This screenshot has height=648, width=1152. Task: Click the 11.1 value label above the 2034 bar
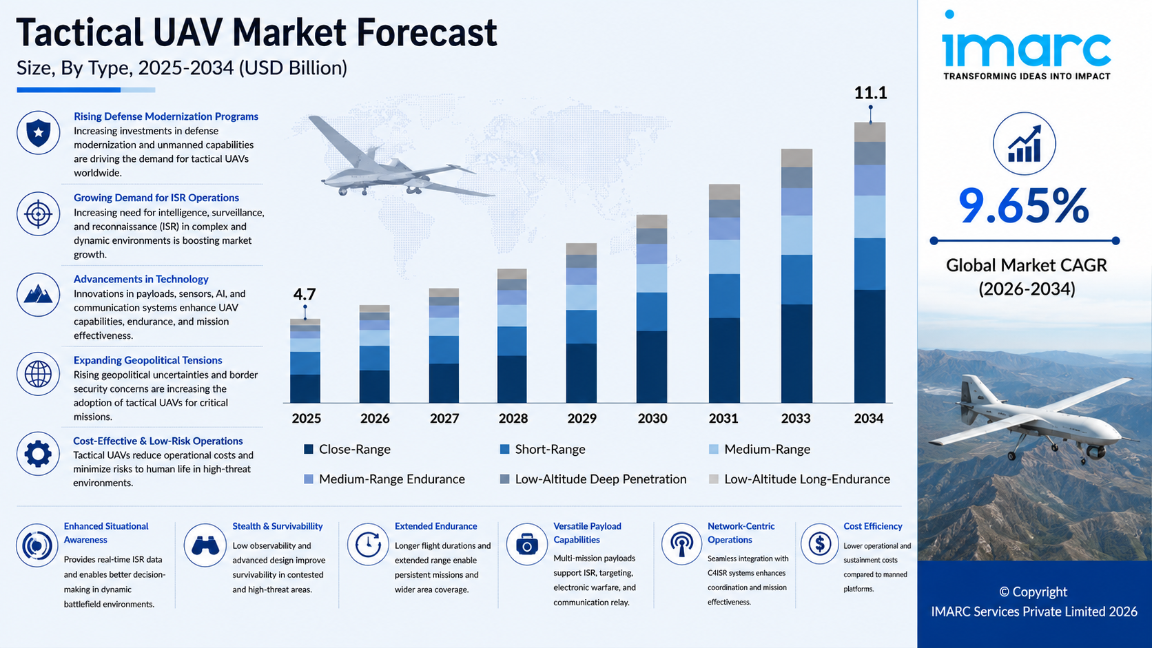(x=870, y=93)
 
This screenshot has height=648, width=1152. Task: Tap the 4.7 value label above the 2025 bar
(x=305, y=295)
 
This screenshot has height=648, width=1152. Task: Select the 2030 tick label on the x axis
(x=652, y=418)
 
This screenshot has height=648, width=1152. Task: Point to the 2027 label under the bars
(x=444, y=418)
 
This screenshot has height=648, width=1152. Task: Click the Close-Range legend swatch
(x=309, y=449)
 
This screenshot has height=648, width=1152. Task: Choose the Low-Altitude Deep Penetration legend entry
(x=593, y=479)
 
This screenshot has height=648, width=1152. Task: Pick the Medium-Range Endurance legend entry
(x=384, y=479)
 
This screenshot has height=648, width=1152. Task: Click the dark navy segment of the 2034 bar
(x=870, y=346)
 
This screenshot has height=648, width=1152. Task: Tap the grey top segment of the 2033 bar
(x=796, y=158)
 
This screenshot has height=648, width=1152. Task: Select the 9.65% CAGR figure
(x=1023, y=206)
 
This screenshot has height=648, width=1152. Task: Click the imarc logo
(x=1026, y=45)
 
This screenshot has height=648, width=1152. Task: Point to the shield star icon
(x=38, y=133)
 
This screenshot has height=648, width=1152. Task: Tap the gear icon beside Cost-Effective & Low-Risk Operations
(x=38, y=454)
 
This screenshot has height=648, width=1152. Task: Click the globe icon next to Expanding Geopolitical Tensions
(x=38, y=374)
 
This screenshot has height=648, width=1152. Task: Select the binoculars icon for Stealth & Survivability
(x=205, y=545)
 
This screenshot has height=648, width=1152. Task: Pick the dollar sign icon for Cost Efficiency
(x=820, y=543)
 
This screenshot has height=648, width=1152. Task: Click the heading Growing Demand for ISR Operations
(x=156, y=198)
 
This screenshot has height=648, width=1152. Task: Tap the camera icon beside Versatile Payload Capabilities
(x=526, y=544)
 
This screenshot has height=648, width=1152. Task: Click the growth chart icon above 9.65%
(x=1025, y=144)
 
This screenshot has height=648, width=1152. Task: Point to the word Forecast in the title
(x=426, y=33)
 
